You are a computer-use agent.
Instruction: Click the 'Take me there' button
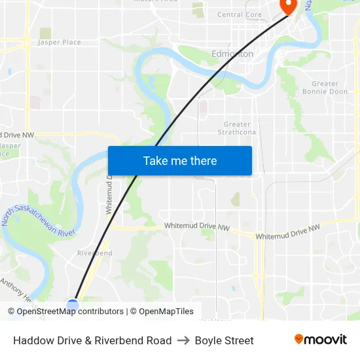pyautogui.click(x=179, y=160)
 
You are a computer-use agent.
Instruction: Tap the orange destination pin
pyautogui.click(x=288, y=6)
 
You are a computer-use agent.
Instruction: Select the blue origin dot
pyautogui.click(x=73, y=304)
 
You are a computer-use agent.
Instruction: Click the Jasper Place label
pyautogui.click(x=60, y=43)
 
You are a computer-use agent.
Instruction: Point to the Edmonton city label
pyautogui.click(x=232, y=54)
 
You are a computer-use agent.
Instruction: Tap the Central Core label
pyautogui.click(x=239, y=14)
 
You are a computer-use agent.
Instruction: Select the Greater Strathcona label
pyautogui.click(x=237, y=128)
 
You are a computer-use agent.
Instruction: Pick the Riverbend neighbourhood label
pyautogui.click(x=94, y=253)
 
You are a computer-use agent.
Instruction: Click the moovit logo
pyautogui.click(x=320, y=340)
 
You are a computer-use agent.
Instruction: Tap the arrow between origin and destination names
pyautogui.click(x=183, y=340)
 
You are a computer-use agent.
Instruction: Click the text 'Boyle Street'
pyautogui.click(x=224, y=340)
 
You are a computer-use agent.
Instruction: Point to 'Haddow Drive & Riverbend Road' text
pyautogui.click(x=92, y=340)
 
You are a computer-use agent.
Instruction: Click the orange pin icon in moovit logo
pyautogui.click(x=299, y=339)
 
